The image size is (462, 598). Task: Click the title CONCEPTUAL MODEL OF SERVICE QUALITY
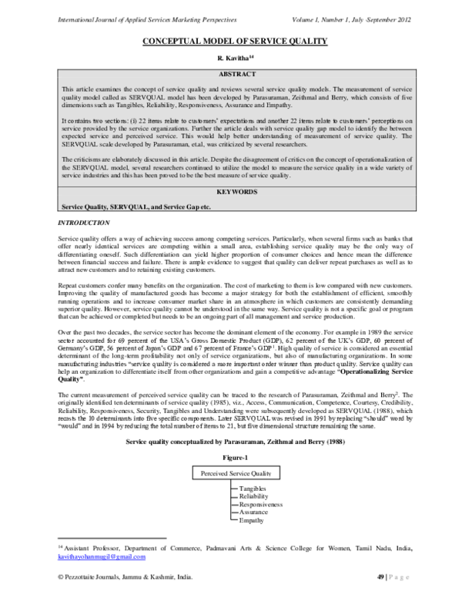[231, 41]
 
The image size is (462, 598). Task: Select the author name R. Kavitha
[231, 57]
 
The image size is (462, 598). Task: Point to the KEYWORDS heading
[231, 190]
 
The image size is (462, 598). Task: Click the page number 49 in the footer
[380, 576]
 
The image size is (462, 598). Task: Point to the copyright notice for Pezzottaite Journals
[120, 576]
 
